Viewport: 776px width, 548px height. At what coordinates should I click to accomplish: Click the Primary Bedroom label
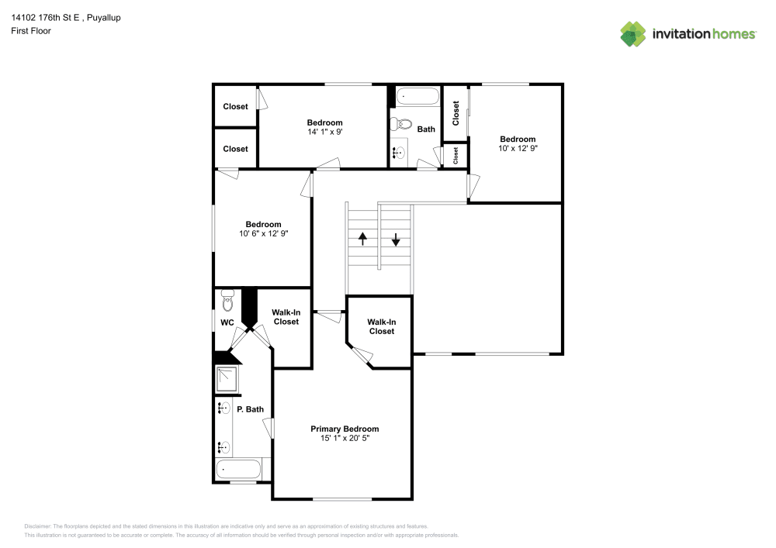pos(345,429)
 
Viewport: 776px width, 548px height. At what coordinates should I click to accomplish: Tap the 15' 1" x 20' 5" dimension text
pos(345,438)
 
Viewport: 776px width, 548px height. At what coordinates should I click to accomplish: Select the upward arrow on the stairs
pos(362,240)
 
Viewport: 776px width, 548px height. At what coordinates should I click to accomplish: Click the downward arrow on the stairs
pos(396,240)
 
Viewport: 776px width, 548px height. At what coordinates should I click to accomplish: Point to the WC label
pos(227,322)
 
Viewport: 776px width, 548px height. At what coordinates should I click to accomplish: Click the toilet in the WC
pos(227,301)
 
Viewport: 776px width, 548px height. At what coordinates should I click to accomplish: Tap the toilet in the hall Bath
pos(401,124)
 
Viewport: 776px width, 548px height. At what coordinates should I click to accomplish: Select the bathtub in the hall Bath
pos(417,96)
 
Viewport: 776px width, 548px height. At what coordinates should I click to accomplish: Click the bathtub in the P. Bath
pos(238,469)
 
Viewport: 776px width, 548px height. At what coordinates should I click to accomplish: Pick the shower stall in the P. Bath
pos(227,378)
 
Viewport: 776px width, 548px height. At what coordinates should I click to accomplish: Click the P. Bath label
pos(250,409)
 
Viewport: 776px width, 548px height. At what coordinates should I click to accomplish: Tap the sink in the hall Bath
pos(400,153)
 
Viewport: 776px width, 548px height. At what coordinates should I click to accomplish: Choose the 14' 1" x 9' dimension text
pos(324,132)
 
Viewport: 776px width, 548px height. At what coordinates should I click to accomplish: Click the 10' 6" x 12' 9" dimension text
pos(263,234)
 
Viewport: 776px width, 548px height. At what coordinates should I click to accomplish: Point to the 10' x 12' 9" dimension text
pos(518,148)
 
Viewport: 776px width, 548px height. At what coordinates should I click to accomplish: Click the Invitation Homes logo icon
pos(633,33)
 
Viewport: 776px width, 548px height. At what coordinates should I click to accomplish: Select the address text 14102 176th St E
pos(45,18)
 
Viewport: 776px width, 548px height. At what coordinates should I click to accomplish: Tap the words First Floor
pos(31,31)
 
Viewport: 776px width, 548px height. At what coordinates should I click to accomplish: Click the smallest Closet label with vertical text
pos(456,155)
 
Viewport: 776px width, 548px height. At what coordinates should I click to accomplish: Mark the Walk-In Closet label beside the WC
pos(286,317)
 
